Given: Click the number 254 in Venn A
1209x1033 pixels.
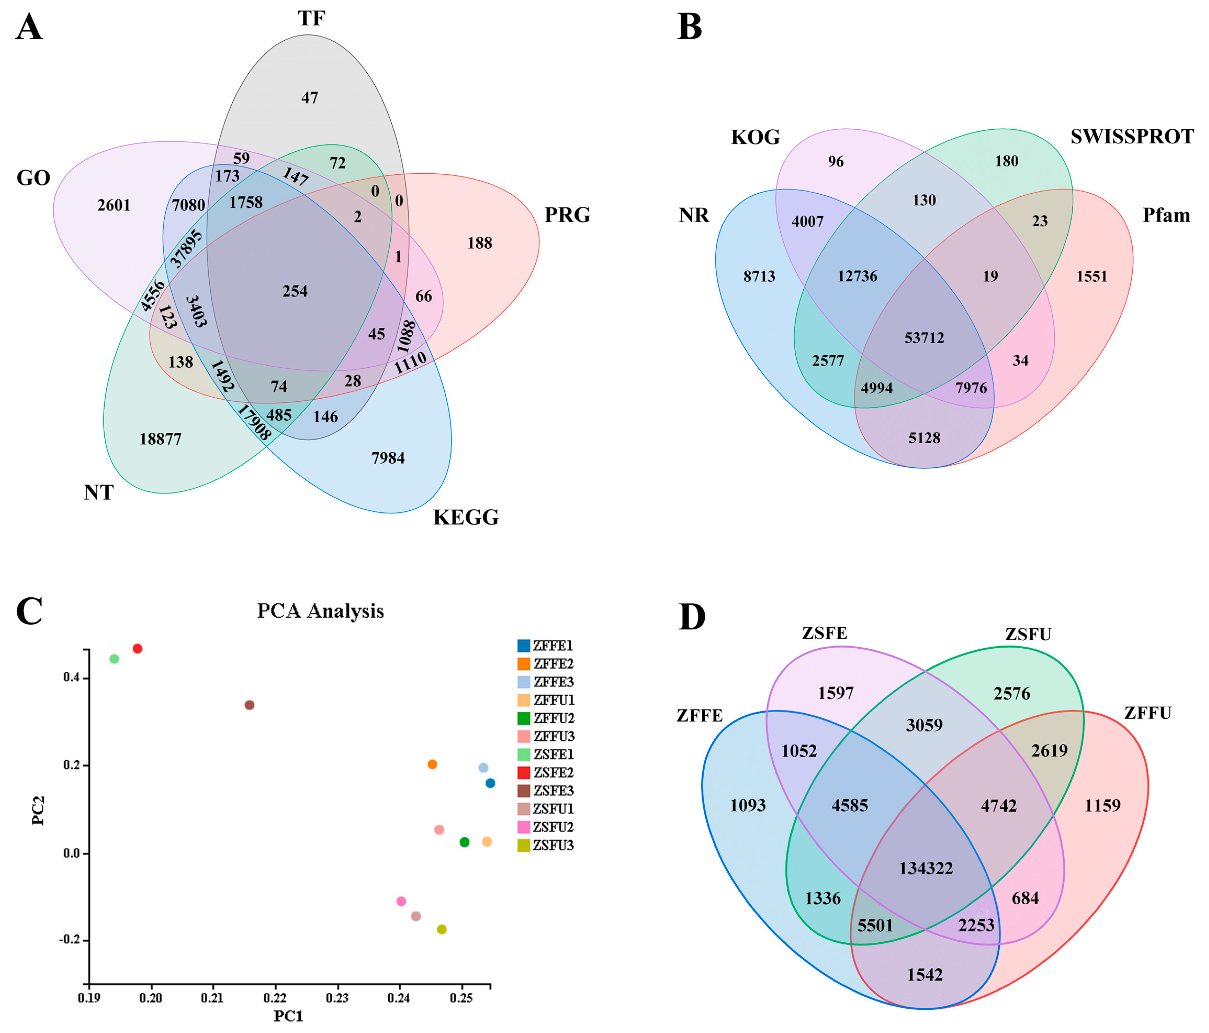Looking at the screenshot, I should pyautogui.click(x=295, y=291).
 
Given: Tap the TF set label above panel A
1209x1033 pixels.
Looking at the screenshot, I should pyautogui.click(x=311, y=19).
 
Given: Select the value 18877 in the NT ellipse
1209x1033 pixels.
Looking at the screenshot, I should pyautogui.click(x=160, y=439).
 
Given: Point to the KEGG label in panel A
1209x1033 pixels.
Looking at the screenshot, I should pyautogui.click(x=466, y=518).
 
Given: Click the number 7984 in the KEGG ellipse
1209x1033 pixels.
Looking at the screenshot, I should pyautogui.click(x=388, y=458).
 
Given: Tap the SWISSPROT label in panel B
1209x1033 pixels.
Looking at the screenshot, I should pyautogui.click(x=1132, y=136).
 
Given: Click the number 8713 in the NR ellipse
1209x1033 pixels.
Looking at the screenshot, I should pyautogui.click(x=759, y=277).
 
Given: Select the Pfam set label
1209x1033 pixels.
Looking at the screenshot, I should pyautogui.click(x=1166, y=215).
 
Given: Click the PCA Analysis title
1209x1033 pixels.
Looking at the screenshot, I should pyautogui.click(x=320, y=611).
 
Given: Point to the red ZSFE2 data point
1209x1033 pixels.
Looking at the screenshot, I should pyautogui.click(x=138, y=649).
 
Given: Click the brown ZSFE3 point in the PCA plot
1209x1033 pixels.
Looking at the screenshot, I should pyautogui.click(x=249, y=705).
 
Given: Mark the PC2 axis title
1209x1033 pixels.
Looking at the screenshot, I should pyautogui.click(x=38, y=811).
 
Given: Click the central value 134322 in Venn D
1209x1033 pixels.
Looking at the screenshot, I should pyautogui.click(x=926, y=868).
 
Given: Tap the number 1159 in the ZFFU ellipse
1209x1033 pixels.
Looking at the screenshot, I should pyautogui.click(x=1102, y=806).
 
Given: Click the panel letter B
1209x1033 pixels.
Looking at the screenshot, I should pyautogui.click(x=689, y=27).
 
